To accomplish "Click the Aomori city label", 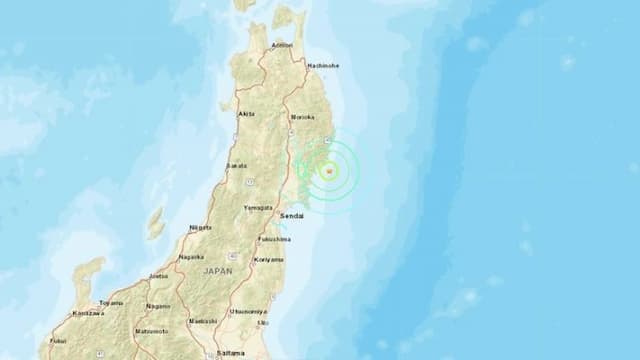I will [x=282, y=46].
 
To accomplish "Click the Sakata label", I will [x=237, y=167].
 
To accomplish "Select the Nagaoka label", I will [x=191, y=257].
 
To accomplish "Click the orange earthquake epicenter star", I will [x=328, y=172].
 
